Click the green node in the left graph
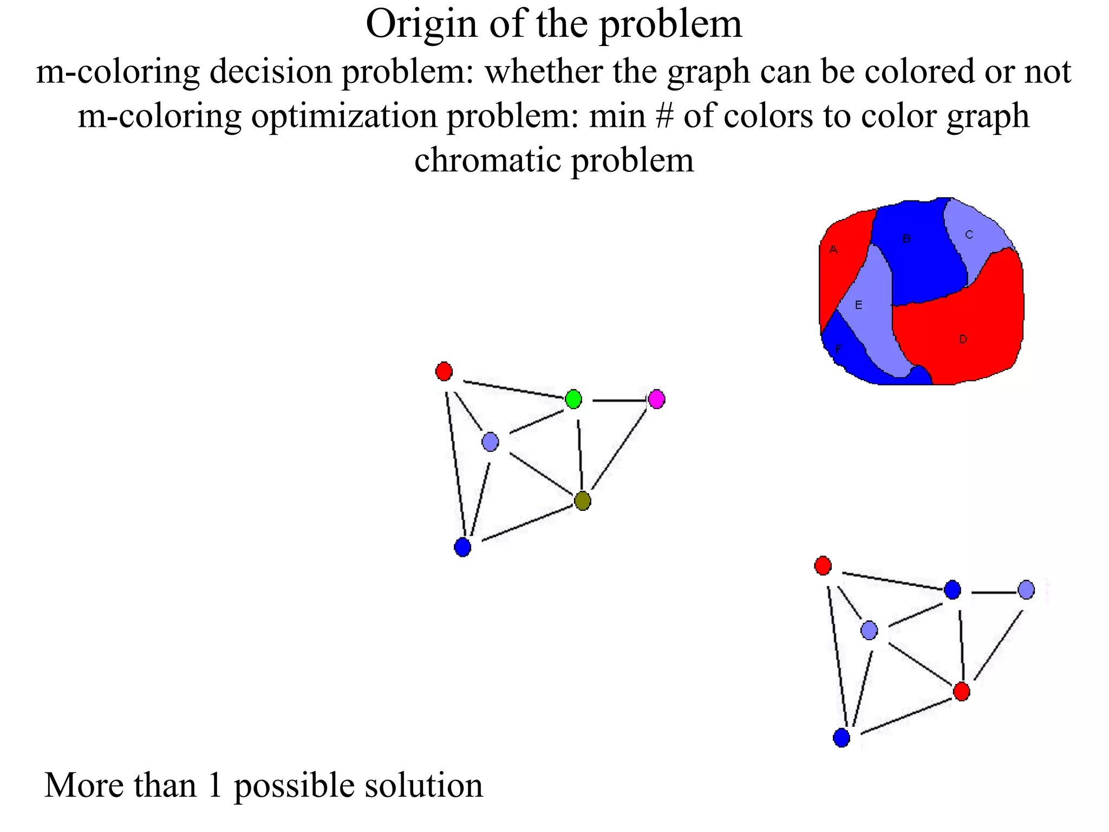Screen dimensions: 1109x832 pyautogui.click(x=573, y=399)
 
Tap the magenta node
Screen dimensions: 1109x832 pyautogui.click(x=656, y=399)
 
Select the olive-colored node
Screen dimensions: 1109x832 pyautogui.click(x=583, y=500)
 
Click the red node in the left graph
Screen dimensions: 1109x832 pyautogui.click(x=444, y=372)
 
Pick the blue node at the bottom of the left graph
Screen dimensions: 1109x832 pyautogui.click(x=462, y=547)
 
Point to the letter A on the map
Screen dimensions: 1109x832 pyautogui.click(x=833, y=250)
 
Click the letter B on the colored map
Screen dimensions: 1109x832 pyautogui.click(x=906, y=238)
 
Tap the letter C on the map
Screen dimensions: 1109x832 pyautogui.click(x=969, y=235)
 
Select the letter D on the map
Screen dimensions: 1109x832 pyautogui.click(x=963, y=339)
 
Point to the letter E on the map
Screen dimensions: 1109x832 pyautogui.click(x=858, y=305)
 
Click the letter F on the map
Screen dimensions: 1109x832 pyautogui.click(x=839, y=349)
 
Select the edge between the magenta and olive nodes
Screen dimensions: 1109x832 pyautogui.click(x=619, y=450)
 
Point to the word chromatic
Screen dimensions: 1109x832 pyautogui.click(x=487, y=161)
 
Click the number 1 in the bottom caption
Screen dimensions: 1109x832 pyautogui.click(x=215, y=785)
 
